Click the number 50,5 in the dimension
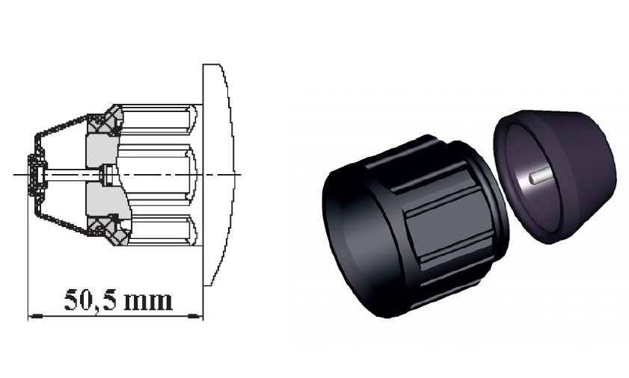(90, 300)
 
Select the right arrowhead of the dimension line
(194, 316)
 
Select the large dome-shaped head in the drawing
(218, 174)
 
